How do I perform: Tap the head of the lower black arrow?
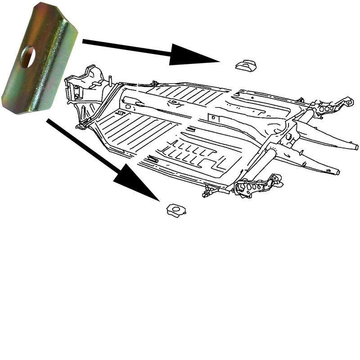135,182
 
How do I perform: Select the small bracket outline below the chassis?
175,210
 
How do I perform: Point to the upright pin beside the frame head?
110,81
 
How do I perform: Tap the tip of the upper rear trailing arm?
355,147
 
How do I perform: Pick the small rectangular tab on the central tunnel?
214,117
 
